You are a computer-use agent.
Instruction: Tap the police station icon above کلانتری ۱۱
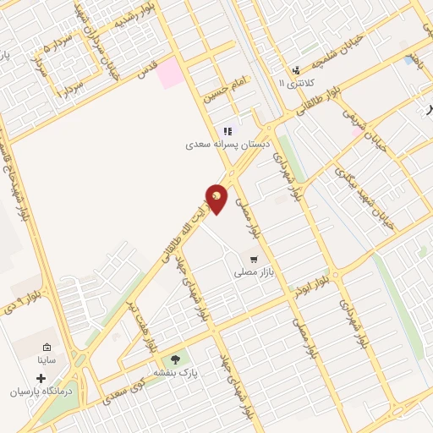(296, 71)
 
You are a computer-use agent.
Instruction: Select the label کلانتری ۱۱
(295, 83)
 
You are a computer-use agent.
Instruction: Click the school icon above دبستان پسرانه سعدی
(227, 132)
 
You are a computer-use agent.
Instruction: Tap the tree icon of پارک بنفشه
(176, 359)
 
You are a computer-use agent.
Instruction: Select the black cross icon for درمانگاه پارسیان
(41, 378)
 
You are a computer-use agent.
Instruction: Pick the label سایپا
(47, 360)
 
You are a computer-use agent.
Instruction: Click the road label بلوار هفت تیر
(139, 322)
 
